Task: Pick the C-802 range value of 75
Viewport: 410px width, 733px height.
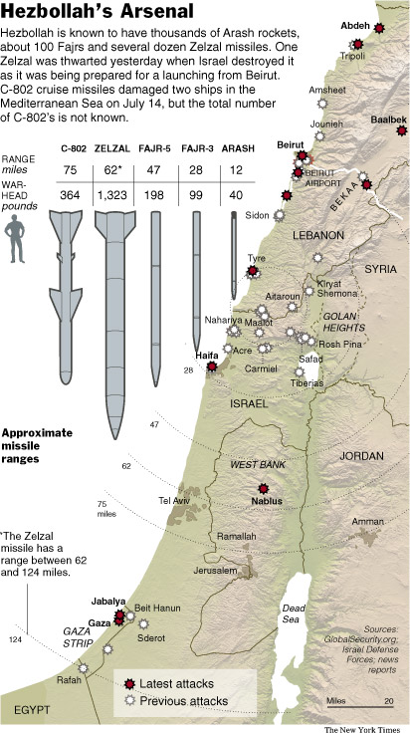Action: tap(71, 170)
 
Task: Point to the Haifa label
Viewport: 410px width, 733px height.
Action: tap(206, 356)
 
